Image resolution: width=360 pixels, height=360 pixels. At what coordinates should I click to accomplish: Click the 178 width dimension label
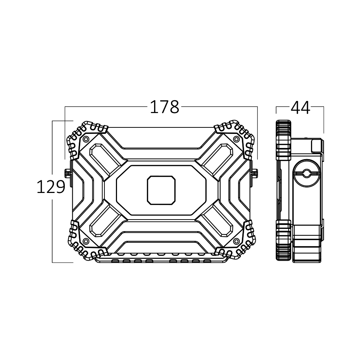[x=165, y=107]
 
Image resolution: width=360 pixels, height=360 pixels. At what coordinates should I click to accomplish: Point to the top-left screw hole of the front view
[x=86, y=139]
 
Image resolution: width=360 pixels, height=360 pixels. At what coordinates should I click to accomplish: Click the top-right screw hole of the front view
[x=237, y=139]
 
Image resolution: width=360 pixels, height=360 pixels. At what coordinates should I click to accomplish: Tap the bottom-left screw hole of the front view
[x=86, y=241]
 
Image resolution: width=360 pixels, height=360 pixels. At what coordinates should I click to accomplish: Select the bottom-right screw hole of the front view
[x=237, y=241]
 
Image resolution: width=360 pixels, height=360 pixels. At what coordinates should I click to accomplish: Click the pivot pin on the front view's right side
[x=255, y=173]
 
